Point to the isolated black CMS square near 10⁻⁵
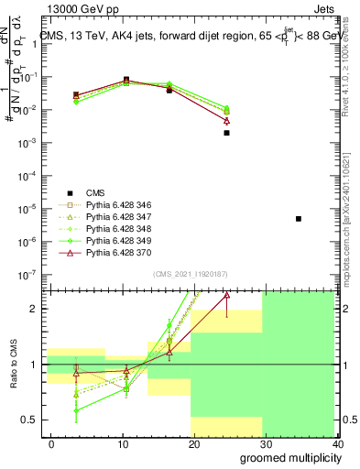299,219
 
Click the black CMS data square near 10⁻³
226,133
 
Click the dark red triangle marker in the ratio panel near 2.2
226,296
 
